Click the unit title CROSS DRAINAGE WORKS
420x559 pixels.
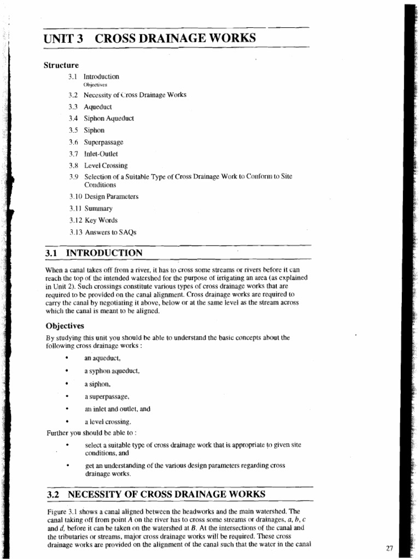coord(174,39)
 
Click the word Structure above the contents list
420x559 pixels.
coord(61,66)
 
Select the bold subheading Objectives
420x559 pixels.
coord(65,326)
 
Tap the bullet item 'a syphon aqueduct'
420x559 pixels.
coord(112,371)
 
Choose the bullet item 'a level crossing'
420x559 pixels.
coord(108,421)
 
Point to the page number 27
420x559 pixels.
coord(389,549)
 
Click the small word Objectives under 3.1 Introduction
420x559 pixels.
coord(95,85)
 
